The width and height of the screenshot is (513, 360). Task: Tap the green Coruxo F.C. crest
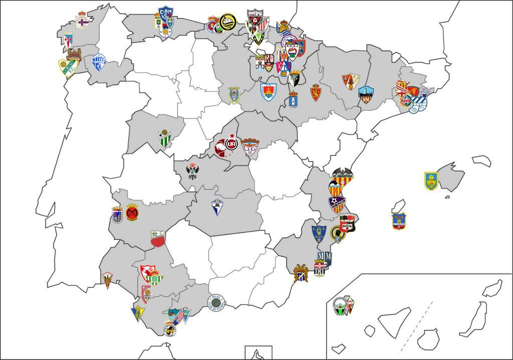tap(67, 68)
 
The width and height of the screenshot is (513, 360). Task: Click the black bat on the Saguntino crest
tap(342, 173)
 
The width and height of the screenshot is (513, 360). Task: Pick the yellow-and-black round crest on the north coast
tap(227, 23)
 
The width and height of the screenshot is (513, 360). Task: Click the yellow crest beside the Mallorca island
tap(431, 181)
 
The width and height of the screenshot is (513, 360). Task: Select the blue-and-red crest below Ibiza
tap(399, 221)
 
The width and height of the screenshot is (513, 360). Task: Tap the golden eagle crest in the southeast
tap(301, 273)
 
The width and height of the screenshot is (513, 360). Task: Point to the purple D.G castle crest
tap(249, 147)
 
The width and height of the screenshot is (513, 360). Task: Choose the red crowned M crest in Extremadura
tap(132, 213)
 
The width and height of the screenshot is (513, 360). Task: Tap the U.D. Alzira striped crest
tap(336, 204)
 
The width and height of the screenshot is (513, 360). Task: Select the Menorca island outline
tap(481, 160)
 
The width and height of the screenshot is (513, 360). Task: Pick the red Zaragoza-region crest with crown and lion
tap(315, 92)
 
